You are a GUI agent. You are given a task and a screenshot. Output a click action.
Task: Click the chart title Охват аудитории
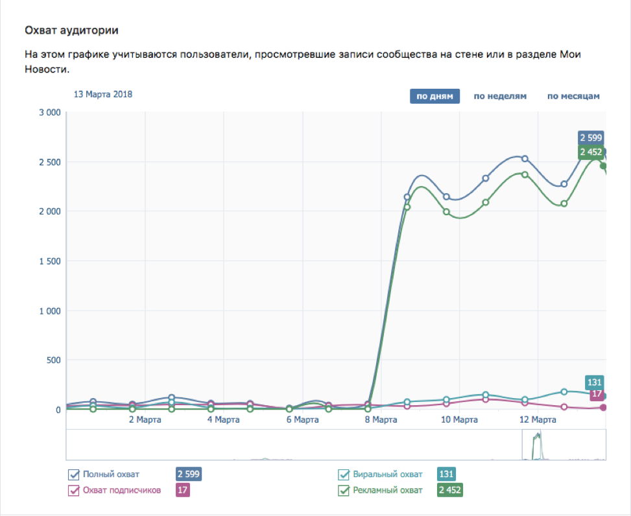72,30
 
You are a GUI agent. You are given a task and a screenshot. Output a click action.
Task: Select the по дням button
435,97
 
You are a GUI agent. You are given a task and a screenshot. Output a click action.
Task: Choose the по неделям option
500,97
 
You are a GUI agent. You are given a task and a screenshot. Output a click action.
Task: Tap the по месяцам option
573,97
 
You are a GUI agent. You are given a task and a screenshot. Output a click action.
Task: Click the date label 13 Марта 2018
103,94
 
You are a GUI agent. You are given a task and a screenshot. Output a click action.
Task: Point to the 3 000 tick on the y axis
49,112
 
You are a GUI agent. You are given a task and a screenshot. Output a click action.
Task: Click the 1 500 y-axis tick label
49,261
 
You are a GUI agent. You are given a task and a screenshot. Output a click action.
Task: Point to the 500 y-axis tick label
53,360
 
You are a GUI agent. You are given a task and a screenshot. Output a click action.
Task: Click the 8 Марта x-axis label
381,420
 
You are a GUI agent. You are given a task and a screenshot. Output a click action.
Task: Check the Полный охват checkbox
74,474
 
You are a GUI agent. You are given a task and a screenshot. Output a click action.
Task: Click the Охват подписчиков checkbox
74,490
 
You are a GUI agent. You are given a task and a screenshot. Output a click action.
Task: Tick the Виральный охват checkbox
344,474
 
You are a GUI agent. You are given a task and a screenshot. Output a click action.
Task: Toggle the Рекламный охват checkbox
344,490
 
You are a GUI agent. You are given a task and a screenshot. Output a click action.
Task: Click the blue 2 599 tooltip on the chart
591,137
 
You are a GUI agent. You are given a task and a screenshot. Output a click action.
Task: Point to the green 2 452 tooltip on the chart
591,152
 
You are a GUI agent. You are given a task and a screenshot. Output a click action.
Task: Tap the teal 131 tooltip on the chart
595,382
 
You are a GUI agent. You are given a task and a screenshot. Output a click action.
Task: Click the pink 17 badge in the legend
183,490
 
